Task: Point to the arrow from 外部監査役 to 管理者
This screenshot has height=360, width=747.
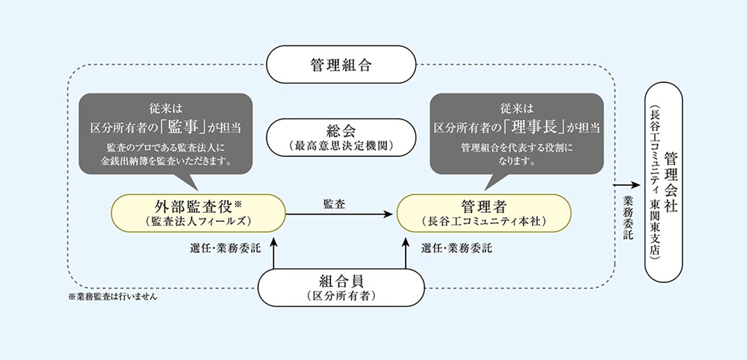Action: pos(341,214)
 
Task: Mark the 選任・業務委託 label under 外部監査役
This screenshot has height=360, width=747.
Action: pos(226,248)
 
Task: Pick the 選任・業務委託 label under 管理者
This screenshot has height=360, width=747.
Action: pos(456,248)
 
